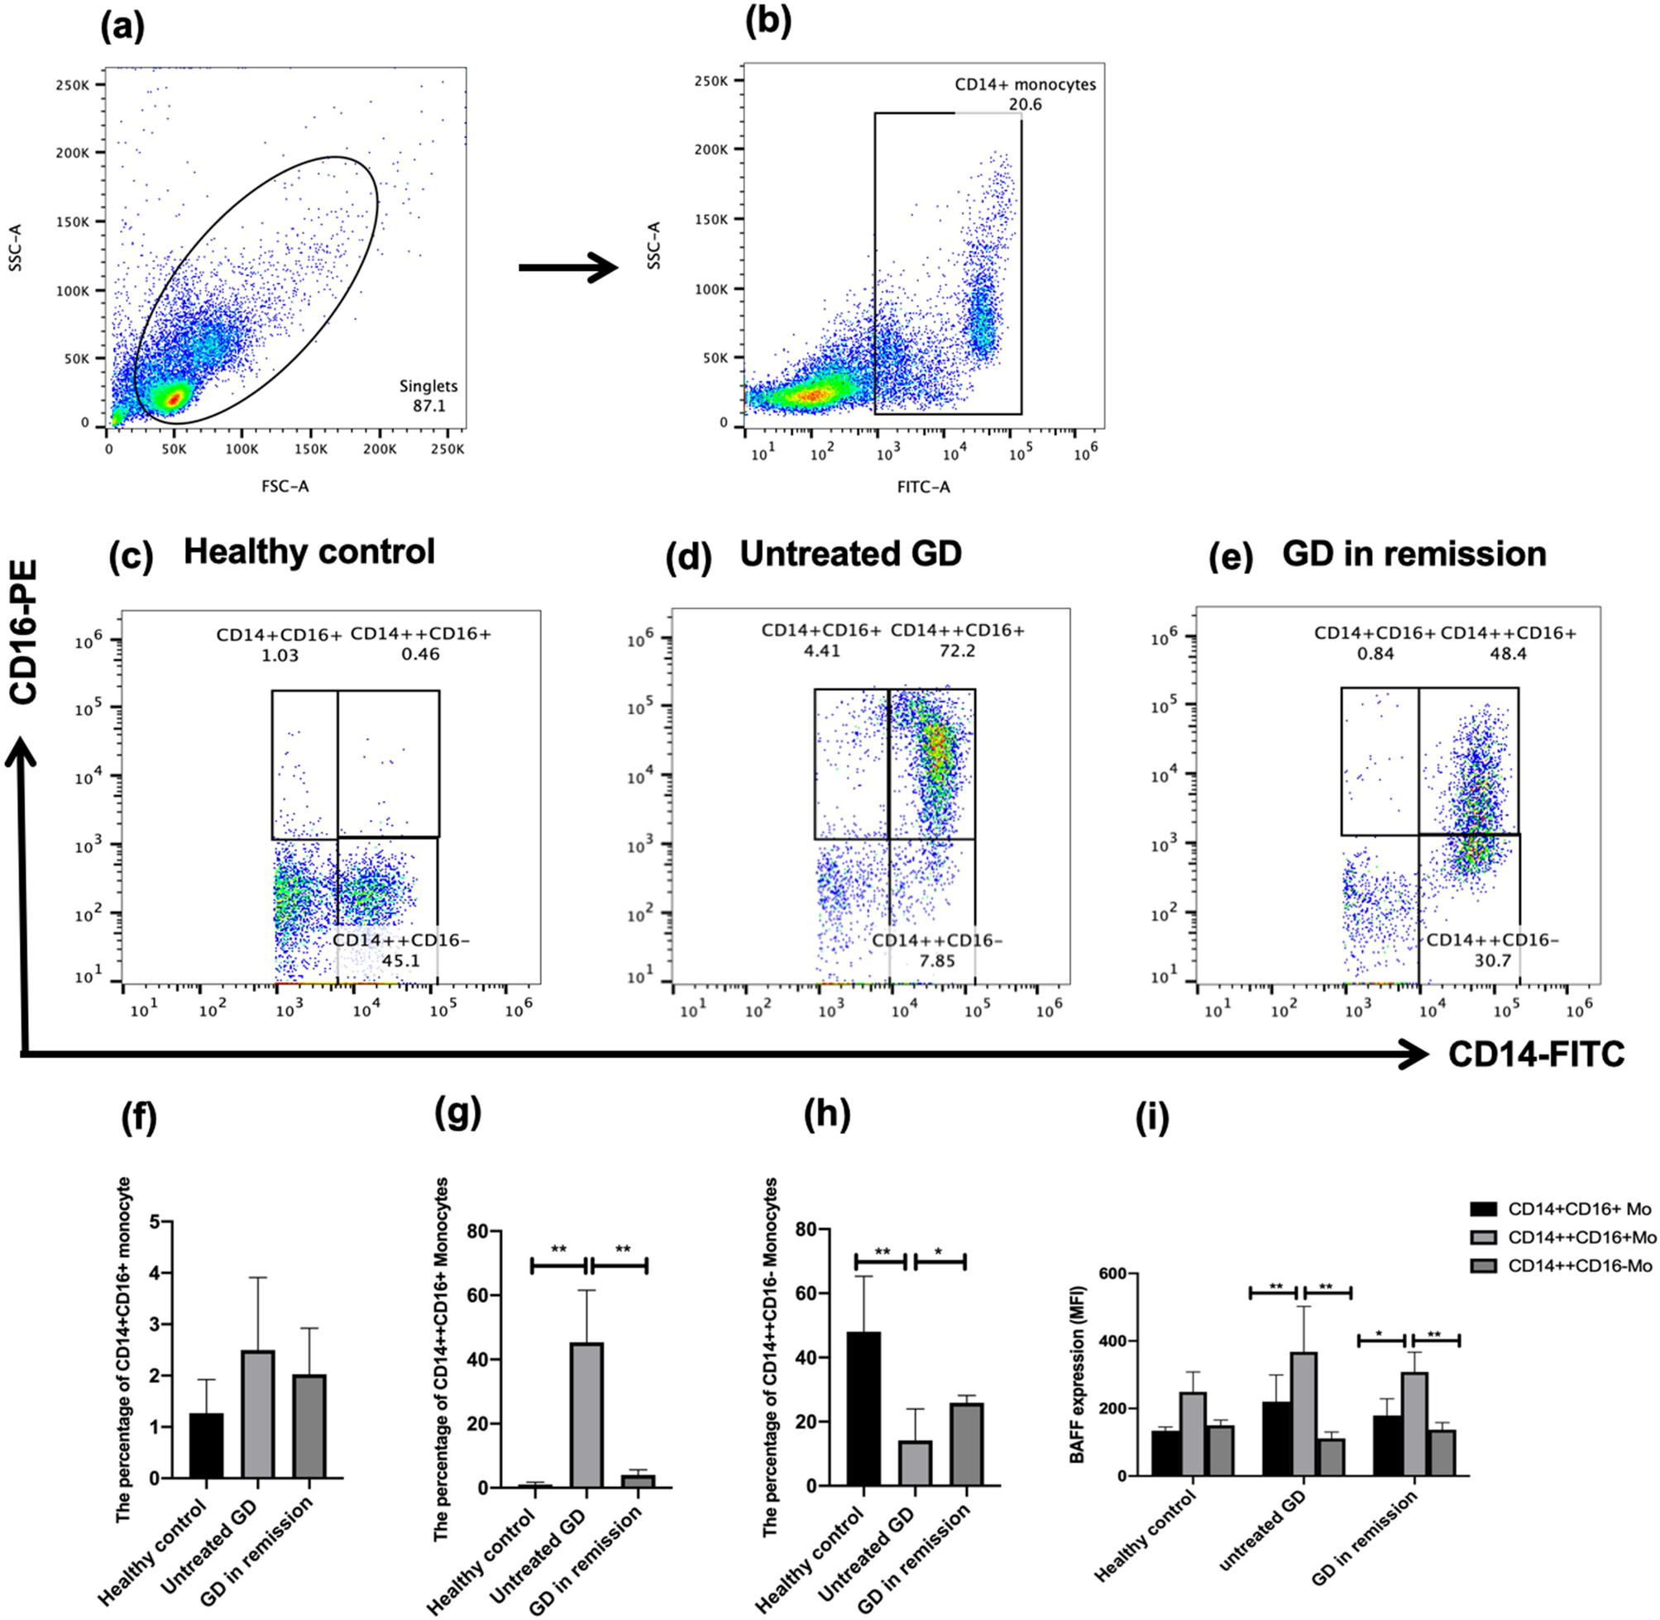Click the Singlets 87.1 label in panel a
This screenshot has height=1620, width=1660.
click(428, 396)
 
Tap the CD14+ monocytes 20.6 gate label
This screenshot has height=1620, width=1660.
click(1025, 94)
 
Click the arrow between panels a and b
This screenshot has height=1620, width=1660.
click(567, 268)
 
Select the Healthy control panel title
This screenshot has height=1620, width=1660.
click(309, 552)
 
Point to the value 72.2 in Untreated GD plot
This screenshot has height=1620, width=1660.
click(958, 652)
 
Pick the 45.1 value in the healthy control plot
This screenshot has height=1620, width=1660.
click(400, 960)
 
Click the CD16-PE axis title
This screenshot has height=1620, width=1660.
click(25, 631)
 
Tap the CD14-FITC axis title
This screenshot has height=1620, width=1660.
click(1536, 1055)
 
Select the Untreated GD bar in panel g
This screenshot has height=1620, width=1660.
click(586, 1415)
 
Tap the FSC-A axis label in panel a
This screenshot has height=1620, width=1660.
click(285, 487)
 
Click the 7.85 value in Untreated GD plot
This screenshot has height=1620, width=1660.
click(936, 960)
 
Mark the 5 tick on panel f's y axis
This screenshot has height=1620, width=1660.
click(154, 1222)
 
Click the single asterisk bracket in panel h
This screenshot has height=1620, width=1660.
click(939, 1260)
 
